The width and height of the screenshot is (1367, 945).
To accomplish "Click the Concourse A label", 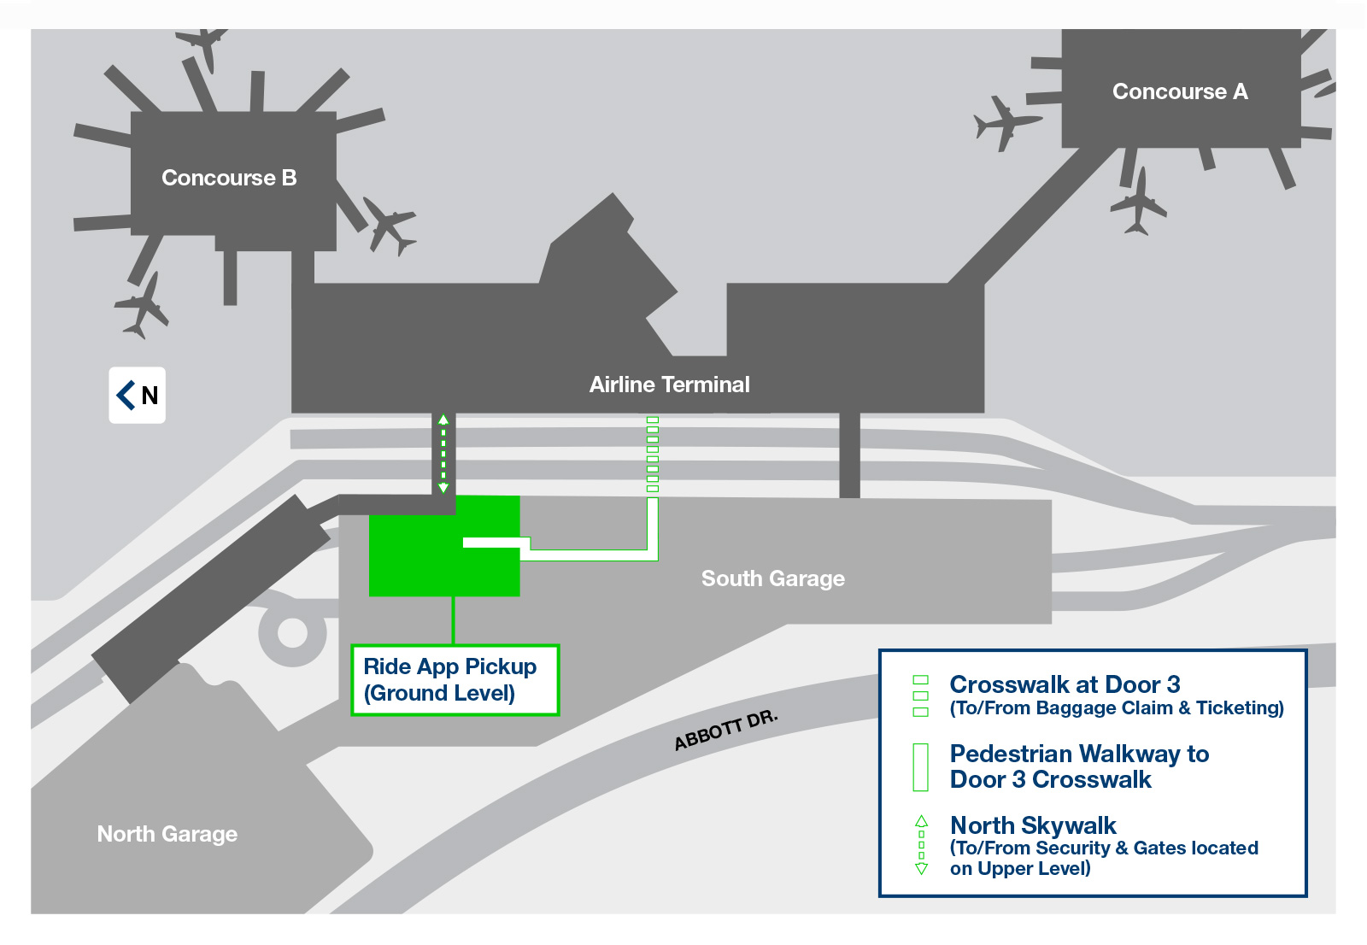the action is pyautogui.click(x=1180, y=91).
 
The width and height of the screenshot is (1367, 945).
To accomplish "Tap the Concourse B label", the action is pyautogui.click(x=229, y=178).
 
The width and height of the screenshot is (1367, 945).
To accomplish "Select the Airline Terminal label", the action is pyautogui.click(x=670, y=384).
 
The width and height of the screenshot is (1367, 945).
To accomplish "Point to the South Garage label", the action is pyautogui.click(x=772, y=578).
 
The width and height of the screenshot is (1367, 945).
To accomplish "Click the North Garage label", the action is pyautogui.click(x=167, y=834).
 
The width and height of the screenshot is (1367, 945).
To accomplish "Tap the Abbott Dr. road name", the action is pyautogui.click(x=725, y=731).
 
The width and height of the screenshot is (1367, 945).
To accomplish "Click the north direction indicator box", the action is pyautogui.click(x=138, y=395).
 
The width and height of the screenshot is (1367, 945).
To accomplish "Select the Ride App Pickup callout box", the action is pyautogui.click(x=455, y=680).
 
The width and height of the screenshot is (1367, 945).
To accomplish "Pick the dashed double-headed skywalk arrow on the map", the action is pyautogui.click(x=443, y=455).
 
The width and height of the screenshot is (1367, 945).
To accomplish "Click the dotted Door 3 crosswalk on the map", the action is pyautogui.click(x=653, y=455).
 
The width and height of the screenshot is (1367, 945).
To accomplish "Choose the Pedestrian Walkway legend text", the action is pyautogui.click(x=1079, y=766).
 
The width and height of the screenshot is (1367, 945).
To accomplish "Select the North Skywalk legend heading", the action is pyautogui.click(x=1033, y=825).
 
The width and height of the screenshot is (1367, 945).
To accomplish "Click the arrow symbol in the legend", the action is pyautogui.click(x=922, y=845).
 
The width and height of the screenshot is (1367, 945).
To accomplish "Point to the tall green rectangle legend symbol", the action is pyautogui.click(x=920, y=767).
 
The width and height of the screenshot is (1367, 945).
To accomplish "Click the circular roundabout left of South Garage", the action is pyautogui.click(x=292, y=633).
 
